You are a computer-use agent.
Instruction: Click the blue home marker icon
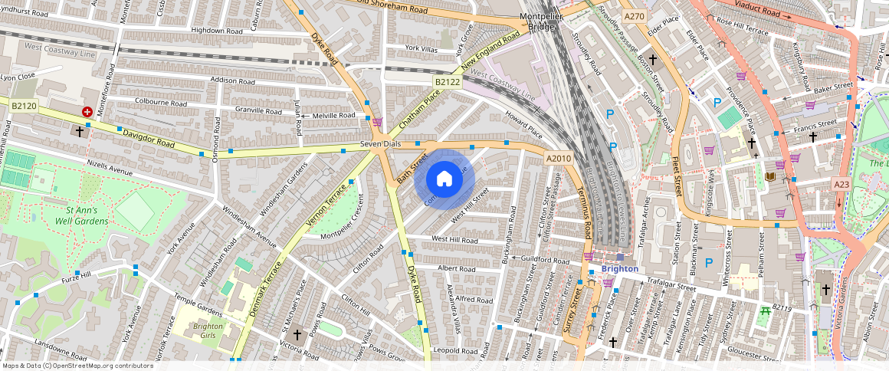pos(444,179)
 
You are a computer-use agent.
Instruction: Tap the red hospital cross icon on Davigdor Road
pos(87,112)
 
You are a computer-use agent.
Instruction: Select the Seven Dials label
pos(382,145)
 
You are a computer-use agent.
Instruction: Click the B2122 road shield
pos(447,81)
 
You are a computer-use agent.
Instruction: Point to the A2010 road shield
pos(559,158)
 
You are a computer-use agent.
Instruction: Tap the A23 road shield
pos(842,185)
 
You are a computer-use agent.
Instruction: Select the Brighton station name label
pos(619,269)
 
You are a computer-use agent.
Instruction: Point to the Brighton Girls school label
pos(197,330)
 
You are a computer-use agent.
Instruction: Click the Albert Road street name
pos(456,269)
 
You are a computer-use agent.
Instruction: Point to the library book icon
pos(771,177)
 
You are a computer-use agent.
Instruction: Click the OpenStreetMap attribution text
pos(78,366)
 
